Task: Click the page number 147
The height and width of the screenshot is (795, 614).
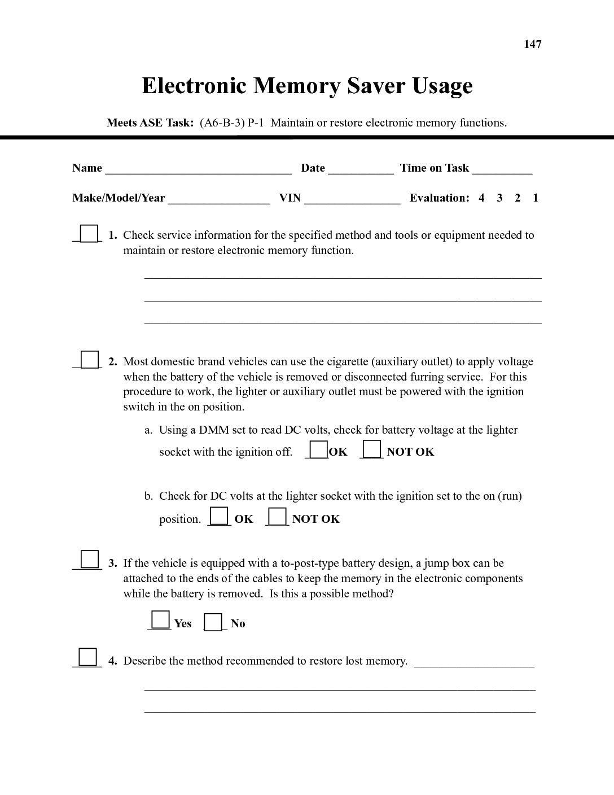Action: click(532, 44)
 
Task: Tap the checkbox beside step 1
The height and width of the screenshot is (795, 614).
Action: click(88, 233)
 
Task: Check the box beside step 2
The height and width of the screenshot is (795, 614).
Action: click(88, 360)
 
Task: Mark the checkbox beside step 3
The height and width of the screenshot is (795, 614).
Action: click(89, 559)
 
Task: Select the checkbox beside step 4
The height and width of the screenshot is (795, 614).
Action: click(87, 657)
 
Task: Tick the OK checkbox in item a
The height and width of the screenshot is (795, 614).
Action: click(318, 449)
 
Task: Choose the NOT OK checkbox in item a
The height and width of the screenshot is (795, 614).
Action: click(371, 449)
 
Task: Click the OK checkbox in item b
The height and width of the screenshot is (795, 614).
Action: click(219, 517)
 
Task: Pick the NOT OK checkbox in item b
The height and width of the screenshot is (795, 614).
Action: click(277, 517)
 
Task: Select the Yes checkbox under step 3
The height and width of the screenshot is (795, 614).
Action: click(160, 621)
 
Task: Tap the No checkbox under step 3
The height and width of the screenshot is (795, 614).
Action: click(213, 622)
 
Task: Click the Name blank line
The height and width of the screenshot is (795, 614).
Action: click(198, 169)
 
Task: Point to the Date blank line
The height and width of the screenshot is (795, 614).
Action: click(361, 169)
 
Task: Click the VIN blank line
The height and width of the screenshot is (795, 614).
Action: click(352, 199)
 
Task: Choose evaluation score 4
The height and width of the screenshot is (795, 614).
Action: click(481, 198)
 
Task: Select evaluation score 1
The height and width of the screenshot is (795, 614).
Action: click(536, 198)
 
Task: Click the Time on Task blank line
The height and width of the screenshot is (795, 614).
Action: click(502, 169)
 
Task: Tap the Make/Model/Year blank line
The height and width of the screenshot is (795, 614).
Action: click(219, 199)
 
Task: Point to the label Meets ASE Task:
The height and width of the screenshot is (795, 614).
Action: click(150, 123)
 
